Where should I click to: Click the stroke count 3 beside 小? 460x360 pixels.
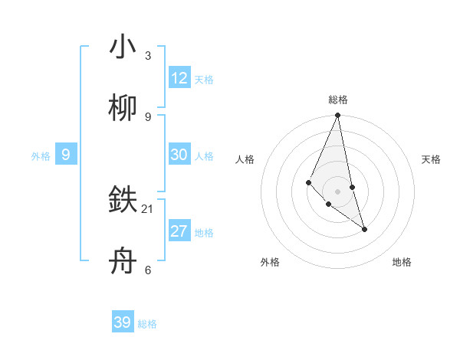coord(148,55)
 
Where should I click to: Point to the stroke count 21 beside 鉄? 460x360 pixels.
coord(148,208)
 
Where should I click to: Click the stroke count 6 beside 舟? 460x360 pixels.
coord(148,270)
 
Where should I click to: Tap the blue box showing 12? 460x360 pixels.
coord(179,78)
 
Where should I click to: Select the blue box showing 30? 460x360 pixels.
coord(179,155)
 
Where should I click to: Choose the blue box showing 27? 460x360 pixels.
coord(179,231)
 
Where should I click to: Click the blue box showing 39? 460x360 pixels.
coord(123,322)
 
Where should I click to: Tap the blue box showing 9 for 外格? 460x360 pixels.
coord(66,155)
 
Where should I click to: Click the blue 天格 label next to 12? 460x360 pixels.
coord(204,80)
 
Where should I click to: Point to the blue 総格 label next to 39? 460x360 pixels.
coord(147,324)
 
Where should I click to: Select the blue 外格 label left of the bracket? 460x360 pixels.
coord(41,156)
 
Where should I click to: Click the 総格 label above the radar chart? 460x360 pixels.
coord(338,100)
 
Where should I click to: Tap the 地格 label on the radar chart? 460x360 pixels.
coord(402,262)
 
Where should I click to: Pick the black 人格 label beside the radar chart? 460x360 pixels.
coord(245,159)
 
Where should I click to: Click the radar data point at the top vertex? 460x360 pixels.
coord(337,116)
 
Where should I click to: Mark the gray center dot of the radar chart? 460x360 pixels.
coord(337,191)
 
